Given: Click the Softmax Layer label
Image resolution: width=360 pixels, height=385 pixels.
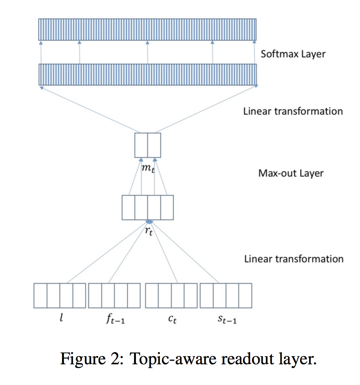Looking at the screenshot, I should tap(293, 54).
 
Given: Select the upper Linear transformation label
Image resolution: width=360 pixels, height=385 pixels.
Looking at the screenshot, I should tap(293, 111).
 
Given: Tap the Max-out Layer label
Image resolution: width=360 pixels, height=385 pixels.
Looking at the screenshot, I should tap(291, 173).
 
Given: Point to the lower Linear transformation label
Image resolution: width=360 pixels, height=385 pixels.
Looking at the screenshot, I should tap(293, 259).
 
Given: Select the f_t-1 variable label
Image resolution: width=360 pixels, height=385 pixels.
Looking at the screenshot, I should tap(114, 320).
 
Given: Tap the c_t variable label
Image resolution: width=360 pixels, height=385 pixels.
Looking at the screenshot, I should tap(171, 320).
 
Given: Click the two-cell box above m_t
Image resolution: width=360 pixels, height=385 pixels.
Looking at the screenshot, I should tap(148, 145).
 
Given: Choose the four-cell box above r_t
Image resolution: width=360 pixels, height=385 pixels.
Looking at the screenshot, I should tap(148, 207).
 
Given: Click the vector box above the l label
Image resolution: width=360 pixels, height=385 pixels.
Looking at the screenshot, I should tap(60, 295).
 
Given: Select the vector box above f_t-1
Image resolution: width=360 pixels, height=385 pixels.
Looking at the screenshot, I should tap(114, 295).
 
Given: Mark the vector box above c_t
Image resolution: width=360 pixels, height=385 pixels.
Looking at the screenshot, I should tap(171, 295).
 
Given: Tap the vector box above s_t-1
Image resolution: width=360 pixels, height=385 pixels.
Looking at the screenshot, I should tap(226, 295).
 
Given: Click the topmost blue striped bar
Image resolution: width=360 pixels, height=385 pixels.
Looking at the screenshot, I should tap(148, 30).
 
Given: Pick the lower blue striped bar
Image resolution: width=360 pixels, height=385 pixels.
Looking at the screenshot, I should tap(148, 75).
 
